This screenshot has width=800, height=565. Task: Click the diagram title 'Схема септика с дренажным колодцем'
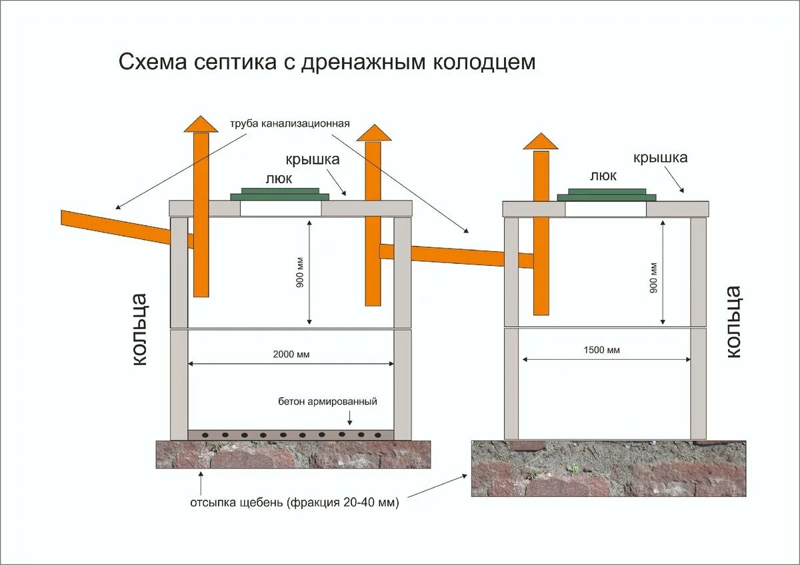(327, 62)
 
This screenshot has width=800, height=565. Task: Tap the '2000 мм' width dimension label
(291, 354)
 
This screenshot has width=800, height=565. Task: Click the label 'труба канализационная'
(290, 125)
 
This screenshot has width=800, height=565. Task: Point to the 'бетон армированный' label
(328, 402)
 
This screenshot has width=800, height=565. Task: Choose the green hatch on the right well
(606, 195)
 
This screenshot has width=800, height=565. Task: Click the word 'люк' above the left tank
(279, 179)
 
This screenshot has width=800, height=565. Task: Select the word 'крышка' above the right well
(660, 158)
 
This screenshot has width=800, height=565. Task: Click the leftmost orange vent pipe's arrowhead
(201, 124)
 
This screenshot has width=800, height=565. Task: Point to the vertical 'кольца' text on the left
(139, 328)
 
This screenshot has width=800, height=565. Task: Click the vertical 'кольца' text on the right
(733, 322)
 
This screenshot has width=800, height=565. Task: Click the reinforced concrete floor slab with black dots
(291, 435)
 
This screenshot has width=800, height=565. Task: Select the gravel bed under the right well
(608, 468)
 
